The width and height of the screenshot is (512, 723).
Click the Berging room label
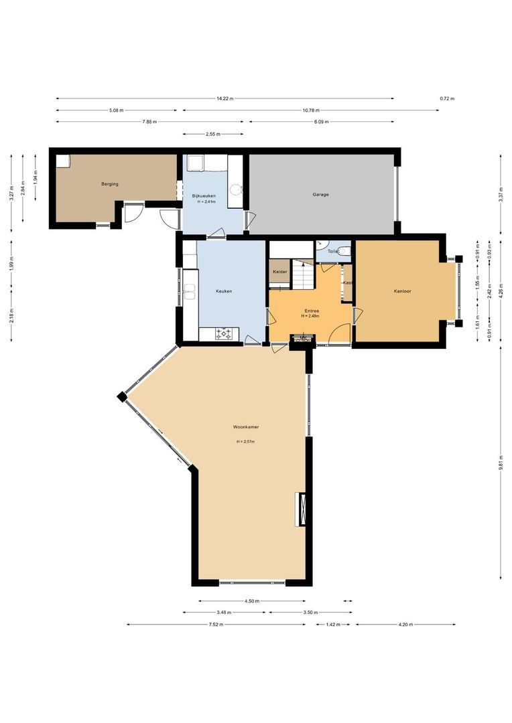[x=110, y=183]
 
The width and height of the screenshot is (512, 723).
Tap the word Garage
[x=320, y=195]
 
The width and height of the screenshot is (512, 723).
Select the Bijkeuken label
[x=203, y=195]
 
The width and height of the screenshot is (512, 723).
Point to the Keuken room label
[x=224, y=291]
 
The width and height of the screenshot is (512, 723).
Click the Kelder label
[x=279, y=272]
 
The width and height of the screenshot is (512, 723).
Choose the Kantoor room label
[x=403, y=291]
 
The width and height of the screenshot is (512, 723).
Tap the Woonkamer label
[x=246, y=426]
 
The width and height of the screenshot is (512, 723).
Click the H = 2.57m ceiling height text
[x=245, y=442]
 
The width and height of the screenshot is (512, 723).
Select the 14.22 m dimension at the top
[x=225, y=98]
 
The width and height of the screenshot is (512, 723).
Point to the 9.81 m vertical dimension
[x=501, y=467]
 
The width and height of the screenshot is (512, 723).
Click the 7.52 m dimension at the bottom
[x=215, y=625]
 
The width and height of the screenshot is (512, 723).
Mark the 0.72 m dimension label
[x=447, y=98]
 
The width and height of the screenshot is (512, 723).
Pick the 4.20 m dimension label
[x=405, y=625]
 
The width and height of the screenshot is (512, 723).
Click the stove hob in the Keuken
[x=223, y=333]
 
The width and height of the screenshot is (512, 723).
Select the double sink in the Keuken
[x=190, y=291]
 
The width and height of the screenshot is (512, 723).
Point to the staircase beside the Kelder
[x=304, y=273]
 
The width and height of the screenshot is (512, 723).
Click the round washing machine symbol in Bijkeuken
[x=235, y=190]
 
